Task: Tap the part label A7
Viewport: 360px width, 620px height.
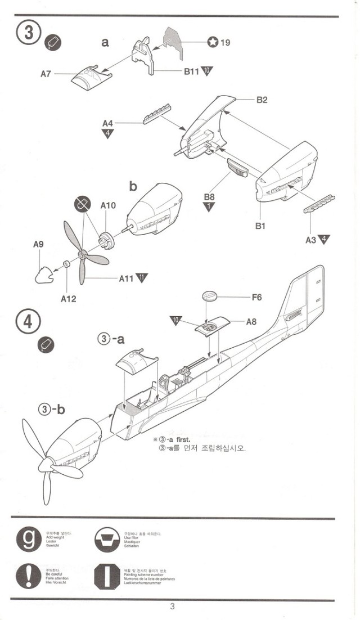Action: (47, 73)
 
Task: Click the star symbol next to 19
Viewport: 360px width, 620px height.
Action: (212, 42)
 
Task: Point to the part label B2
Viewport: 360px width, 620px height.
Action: (262, 100)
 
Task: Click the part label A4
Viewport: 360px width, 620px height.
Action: (108, 123)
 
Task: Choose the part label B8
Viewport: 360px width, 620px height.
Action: (209, 197)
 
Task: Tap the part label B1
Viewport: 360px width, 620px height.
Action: (260, 226)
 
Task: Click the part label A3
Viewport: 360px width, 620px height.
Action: (310, 240)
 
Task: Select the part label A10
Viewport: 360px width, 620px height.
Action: (108, 205)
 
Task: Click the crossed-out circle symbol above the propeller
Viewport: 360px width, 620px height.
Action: (82, 205)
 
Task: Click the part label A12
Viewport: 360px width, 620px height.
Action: (69, 299)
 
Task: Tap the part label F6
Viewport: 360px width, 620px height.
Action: (256, 296)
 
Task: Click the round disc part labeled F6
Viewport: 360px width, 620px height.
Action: (209, 296)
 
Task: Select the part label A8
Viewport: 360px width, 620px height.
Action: (251, 322)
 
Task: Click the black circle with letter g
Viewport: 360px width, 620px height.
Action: (28, 540)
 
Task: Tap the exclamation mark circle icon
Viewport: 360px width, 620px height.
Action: (28, 576)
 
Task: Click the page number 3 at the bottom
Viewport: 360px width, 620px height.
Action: (172, 606)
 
